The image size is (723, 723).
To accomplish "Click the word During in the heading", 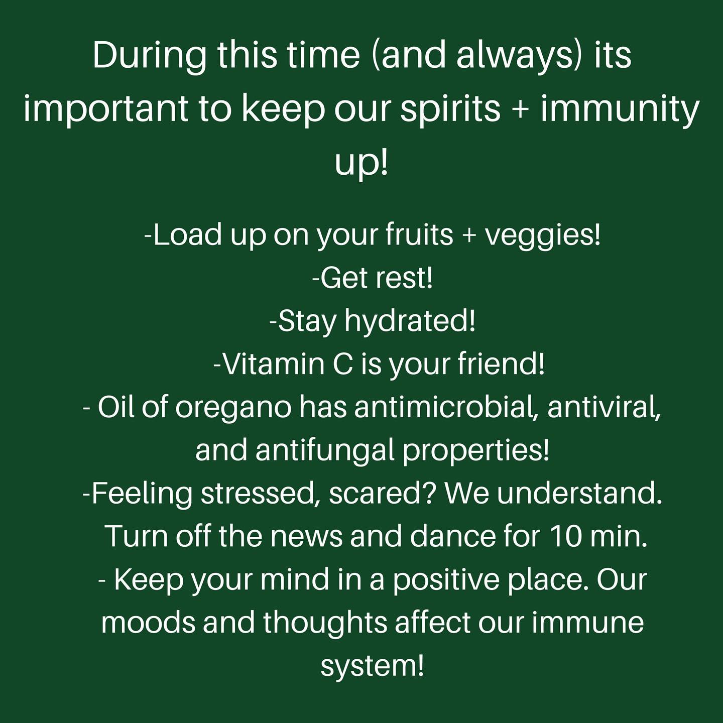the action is [x=149, y=57].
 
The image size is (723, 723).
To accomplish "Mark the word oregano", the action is [x=233, y=410].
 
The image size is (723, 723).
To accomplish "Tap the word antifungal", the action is [x=325, y=452].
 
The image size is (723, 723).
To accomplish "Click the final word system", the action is [x=373, y=667].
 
